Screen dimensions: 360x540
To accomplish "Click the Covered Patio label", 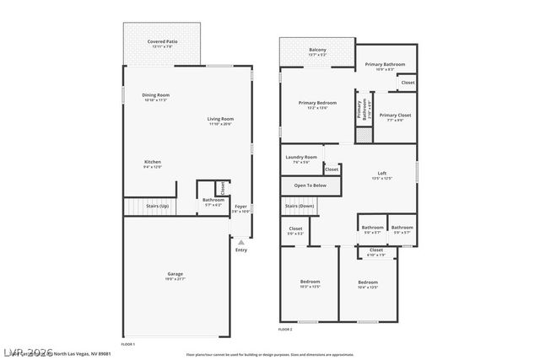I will click(x=162, y=42).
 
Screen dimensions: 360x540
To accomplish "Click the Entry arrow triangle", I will click(x=241, y=243).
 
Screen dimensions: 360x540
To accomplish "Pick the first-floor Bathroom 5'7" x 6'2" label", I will click(x=213, y=201).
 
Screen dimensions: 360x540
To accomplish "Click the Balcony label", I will click(x=317, y=51).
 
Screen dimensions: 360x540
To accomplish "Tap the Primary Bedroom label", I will click(x=317, y=105).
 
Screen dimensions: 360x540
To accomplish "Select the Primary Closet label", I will click(x=394, y=116).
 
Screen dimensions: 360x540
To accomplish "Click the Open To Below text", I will click(x=310, y=185).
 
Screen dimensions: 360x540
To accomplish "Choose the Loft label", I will click(x=381, y=175).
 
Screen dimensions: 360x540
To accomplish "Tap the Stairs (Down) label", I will click(x=300, y=206).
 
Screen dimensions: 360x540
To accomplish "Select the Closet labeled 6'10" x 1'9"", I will click(x=375, y=251).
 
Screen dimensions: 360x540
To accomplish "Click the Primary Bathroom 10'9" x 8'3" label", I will click(x=385, y=66).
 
